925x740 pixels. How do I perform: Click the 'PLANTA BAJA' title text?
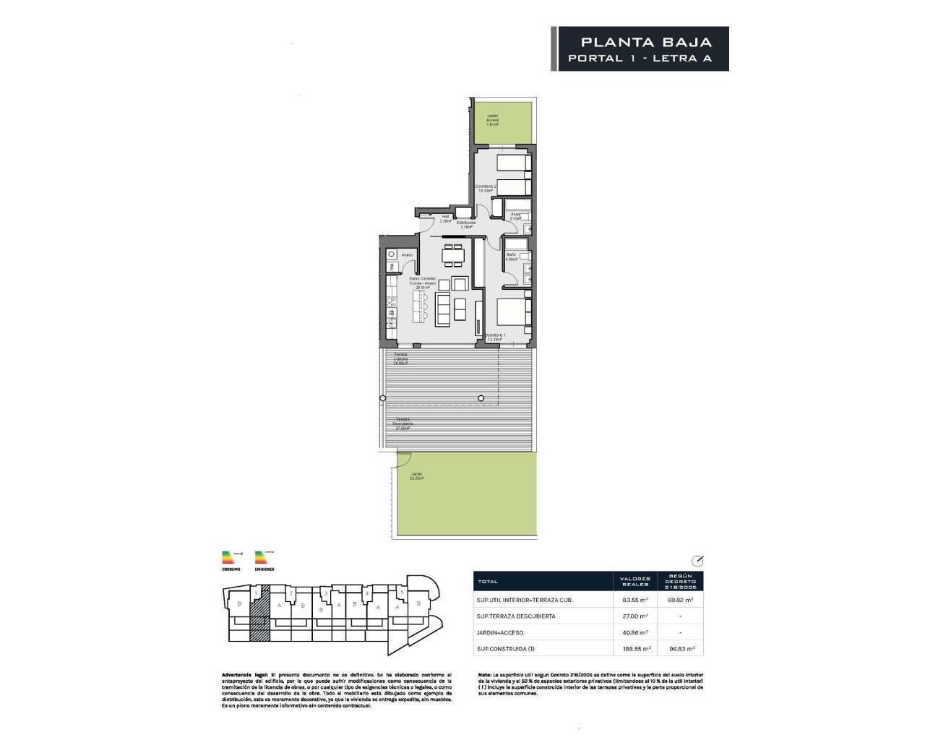coord(646,43)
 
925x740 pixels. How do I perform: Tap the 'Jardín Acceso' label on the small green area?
coord(493,119)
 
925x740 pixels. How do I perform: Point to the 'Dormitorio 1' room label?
coord(496,336)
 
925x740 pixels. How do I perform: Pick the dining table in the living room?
coord(453,254)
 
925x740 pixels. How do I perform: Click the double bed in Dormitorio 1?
coord(514,315)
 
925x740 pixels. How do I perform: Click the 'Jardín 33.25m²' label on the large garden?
coord(416,476)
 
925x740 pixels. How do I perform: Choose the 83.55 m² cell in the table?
coord(635,600)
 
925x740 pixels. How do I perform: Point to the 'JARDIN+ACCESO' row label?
coord(500,632)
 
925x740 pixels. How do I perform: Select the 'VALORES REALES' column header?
coord(635,581)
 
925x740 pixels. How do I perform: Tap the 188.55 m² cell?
coord(635,650)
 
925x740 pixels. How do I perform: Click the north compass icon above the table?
coord(697,561)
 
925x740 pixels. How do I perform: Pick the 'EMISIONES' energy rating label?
coord(264,569)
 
